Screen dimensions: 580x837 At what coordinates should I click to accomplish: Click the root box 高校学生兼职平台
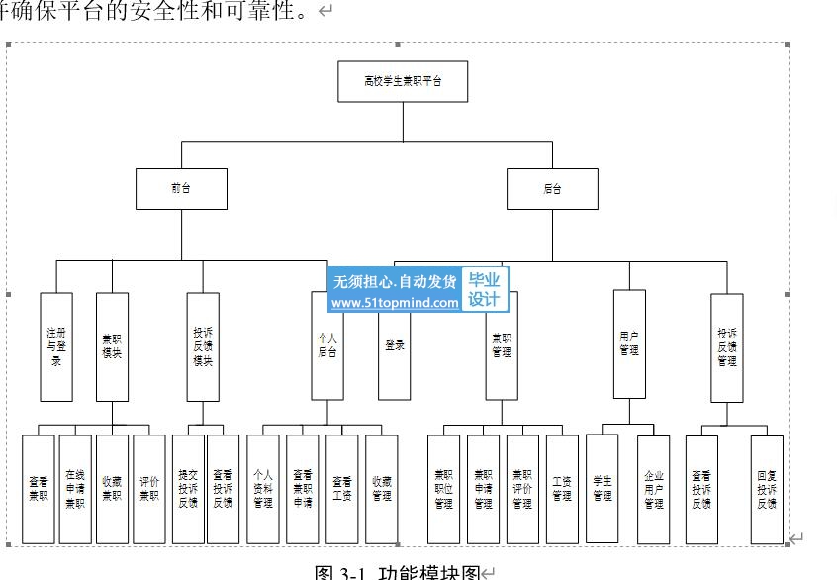(x=403, y=81)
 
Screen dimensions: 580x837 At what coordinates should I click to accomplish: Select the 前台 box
(x=181, y=189)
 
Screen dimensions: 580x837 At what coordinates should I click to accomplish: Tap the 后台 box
(x=552, y=189)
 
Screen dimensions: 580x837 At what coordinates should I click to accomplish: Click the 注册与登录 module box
(x=56, y=346)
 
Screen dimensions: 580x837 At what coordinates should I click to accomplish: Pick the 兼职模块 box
(x=112, y=346)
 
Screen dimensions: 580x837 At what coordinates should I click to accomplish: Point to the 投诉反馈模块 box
(x=203, y=346)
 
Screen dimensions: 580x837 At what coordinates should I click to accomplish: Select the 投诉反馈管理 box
(x=727, y=346)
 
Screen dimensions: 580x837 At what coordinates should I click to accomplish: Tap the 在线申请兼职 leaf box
(x=75, y=489)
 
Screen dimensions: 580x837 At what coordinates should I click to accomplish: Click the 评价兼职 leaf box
(x=149, y=489)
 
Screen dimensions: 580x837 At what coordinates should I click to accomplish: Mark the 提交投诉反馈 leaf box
(x=188, y=489)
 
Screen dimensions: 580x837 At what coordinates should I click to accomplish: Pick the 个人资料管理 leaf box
(x=263, y=489)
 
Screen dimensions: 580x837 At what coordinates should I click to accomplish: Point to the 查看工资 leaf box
(x=342, y=489)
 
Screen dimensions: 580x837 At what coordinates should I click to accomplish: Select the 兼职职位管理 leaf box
(x=443, y=489)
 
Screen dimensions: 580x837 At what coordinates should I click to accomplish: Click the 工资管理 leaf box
(x=562, y=489)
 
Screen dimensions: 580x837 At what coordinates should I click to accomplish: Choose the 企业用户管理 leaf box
(x=653, y=489)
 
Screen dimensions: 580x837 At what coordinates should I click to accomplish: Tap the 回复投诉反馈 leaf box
(x=767, y=489)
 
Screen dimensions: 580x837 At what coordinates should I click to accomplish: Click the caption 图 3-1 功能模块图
(x=397, y=572)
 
